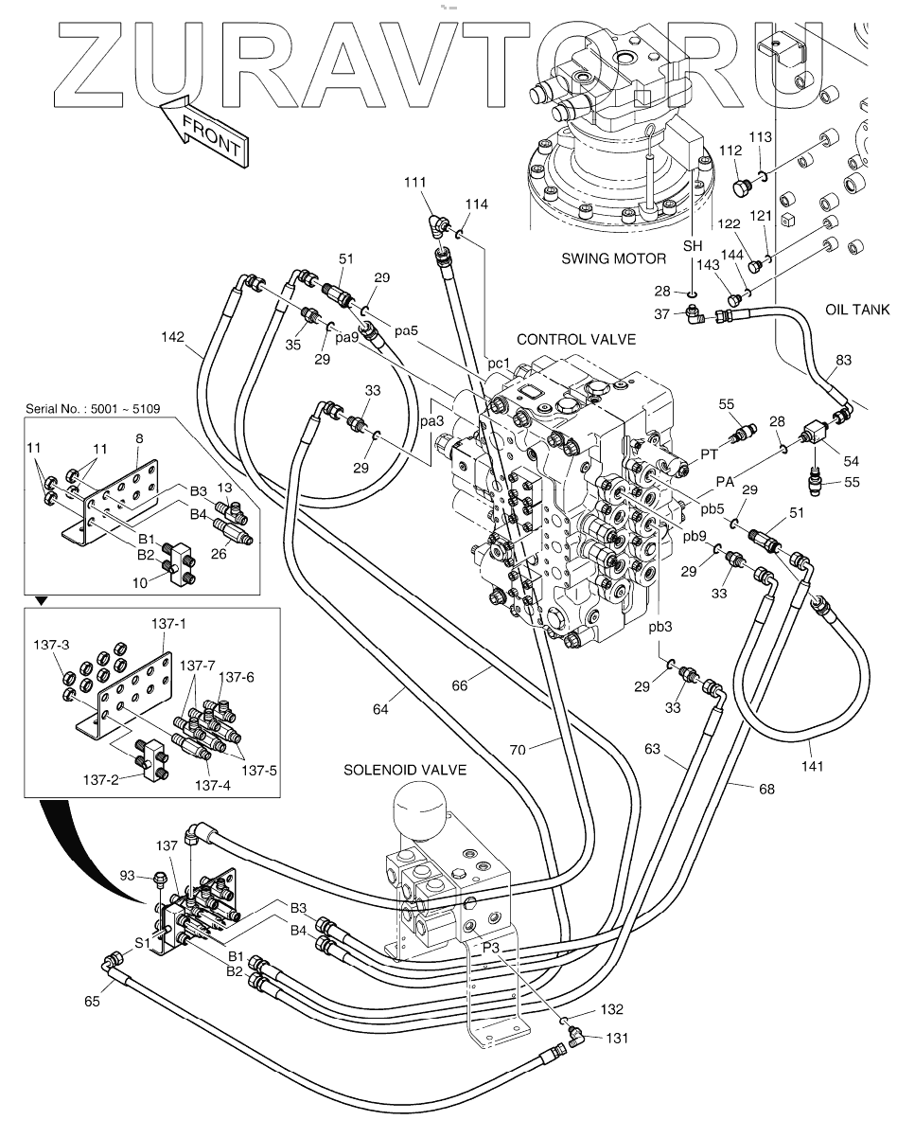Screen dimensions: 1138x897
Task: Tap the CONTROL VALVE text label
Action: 576,339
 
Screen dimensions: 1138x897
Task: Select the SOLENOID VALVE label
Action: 405,771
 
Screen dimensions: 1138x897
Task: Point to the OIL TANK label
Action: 855,309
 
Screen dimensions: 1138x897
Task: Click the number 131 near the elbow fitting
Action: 617,1038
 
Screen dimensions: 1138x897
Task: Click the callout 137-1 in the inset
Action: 170,624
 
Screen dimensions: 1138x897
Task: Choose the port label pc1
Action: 499,364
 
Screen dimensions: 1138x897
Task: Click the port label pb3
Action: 660,627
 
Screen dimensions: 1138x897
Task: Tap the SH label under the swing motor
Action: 694,245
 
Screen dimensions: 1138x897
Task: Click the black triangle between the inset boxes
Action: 40,598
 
